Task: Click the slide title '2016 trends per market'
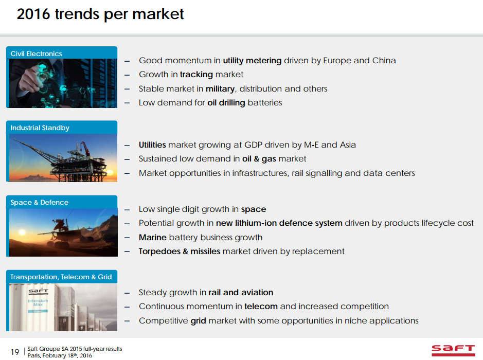tap(100, 14)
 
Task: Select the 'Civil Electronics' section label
tap(36, 53)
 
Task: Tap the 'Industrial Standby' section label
tap(40, 128)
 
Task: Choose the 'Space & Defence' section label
tap(39, 202)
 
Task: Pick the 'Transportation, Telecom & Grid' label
tap(61, 277)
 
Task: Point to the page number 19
tap(14, 352)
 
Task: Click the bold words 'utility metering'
tap(252, 60)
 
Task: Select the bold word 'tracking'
tap(196, 75)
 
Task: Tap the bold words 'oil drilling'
tap(226, 102)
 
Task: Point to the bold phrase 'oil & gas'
tap(259, 158)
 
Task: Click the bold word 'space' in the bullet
tap(254, 209)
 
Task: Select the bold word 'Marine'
tap(152, 237)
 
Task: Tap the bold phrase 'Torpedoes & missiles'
tap(180, 251)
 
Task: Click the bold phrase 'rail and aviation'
tap(241, 292)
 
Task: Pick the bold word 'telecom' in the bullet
tap(261, 306)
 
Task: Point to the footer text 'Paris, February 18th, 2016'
tap(63, 355)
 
